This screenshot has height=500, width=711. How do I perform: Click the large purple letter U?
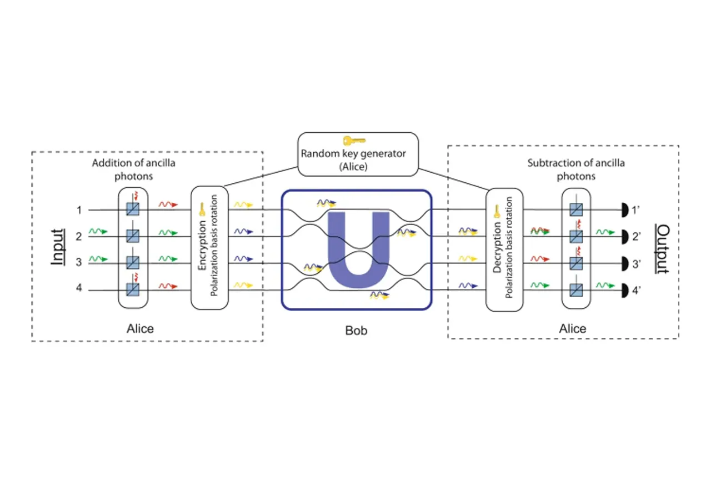point(357,250)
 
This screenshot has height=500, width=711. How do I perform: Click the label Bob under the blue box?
point(356,331)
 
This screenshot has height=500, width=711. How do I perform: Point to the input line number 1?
point(79,210)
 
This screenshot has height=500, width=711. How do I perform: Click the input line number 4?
point(79,289)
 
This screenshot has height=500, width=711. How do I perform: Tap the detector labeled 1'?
point(624,210)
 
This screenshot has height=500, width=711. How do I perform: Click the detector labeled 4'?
point(624,289)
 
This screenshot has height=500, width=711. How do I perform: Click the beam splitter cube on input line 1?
point(132,210)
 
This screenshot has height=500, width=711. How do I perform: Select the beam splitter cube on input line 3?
point(132,263)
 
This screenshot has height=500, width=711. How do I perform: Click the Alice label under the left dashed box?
point(140,328)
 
